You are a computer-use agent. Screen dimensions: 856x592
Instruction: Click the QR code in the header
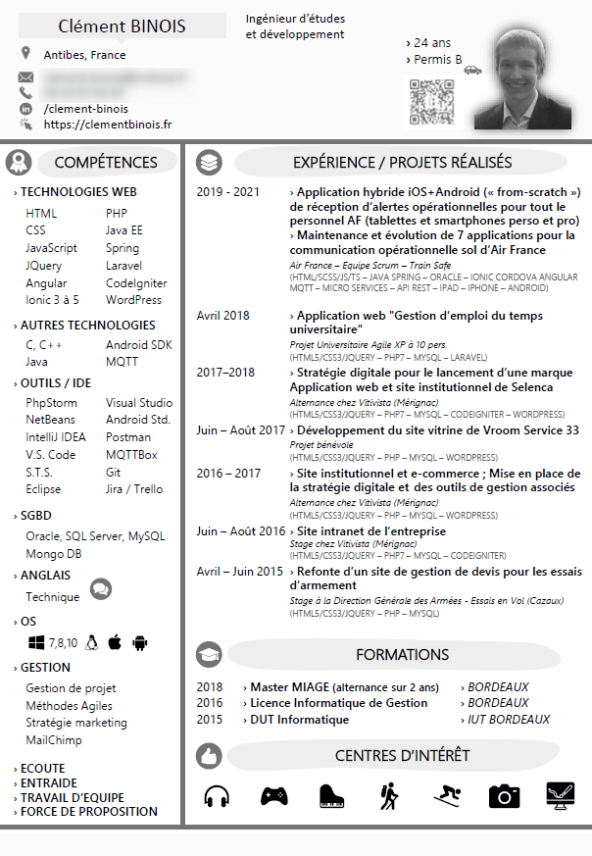click(432, 100)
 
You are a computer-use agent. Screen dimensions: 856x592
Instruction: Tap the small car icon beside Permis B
click(472, 70)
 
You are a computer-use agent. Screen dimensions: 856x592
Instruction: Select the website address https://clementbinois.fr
click(108, 125)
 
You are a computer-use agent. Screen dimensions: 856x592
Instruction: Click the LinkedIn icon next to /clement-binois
click(25, 109)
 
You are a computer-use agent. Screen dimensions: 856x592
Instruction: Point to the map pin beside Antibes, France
click(25, 54)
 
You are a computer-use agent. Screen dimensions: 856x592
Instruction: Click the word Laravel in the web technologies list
click(123, 265)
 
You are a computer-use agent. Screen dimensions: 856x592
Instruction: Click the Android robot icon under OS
click(140, 642)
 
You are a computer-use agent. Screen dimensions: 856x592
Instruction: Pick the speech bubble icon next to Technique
click(100, 589)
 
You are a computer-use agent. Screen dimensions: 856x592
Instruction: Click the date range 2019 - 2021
click(227, 192)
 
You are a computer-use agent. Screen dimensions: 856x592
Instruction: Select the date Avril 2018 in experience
click(222, 316)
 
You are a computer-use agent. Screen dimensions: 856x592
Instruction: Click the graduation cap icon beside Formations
click(209, 654)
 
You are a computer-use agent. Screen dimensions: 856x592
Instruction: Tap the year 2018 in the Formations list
click(210, 687)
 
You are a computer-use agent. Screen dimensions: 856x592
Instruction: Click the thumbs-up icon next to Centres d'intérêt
click(209, 756)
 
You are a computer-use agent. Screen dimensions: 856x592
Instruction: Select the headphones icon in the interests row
click(217, 796)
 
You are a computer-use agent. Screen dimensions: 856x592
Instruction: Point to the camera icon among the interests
click(504, 796)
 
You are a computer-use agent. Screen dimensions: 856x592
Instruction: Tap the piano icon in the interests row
click(332, 796)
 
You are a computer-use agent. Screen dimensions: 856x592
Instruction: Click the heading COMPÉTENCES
click(105, 163)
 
